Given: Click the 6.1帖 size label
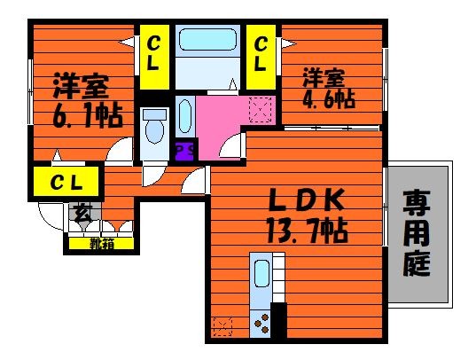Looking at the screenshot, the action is click(88, 116).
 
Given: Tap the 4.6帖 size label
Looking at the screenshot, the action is click(329, 98).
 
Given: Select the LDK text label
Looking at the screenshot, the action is click(307, 200).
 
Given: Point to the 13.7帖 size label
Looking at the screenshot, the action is click(308, 231).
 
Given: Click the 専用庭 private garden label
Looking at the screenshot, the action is click(417, 232).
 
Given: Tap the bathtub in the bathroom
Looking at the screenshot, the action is click(207, 39).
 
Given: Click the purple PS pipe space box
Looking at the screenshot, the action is click(184, 150).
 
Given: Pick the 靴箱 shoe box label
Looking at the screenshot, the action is click(101, 243).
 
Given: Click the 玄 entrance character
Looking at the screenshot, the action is click(82, 212).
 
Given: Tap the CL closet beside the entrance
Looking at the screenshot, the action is click(66, 182).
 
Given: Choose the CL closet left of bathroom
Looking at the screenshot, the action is click(154, 57).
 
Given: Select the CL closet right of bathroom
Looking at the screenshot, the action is click(261, 57).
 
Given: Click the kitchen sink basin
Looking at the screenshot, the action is click(261, 273).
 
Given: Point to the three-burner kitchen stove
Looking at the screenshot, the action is click(261, 324).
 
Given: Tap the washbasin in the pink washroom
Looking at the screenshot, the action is click(185, 116).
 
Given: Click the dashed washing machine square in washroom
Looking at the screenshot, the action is click(261, 110).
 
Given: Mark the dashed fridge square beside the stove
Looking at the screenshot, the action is click(222, 326).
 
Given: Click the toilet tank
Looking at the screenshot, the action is click(155, 114).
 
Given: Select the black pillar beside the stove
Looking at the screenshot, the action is click(278, 320).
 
